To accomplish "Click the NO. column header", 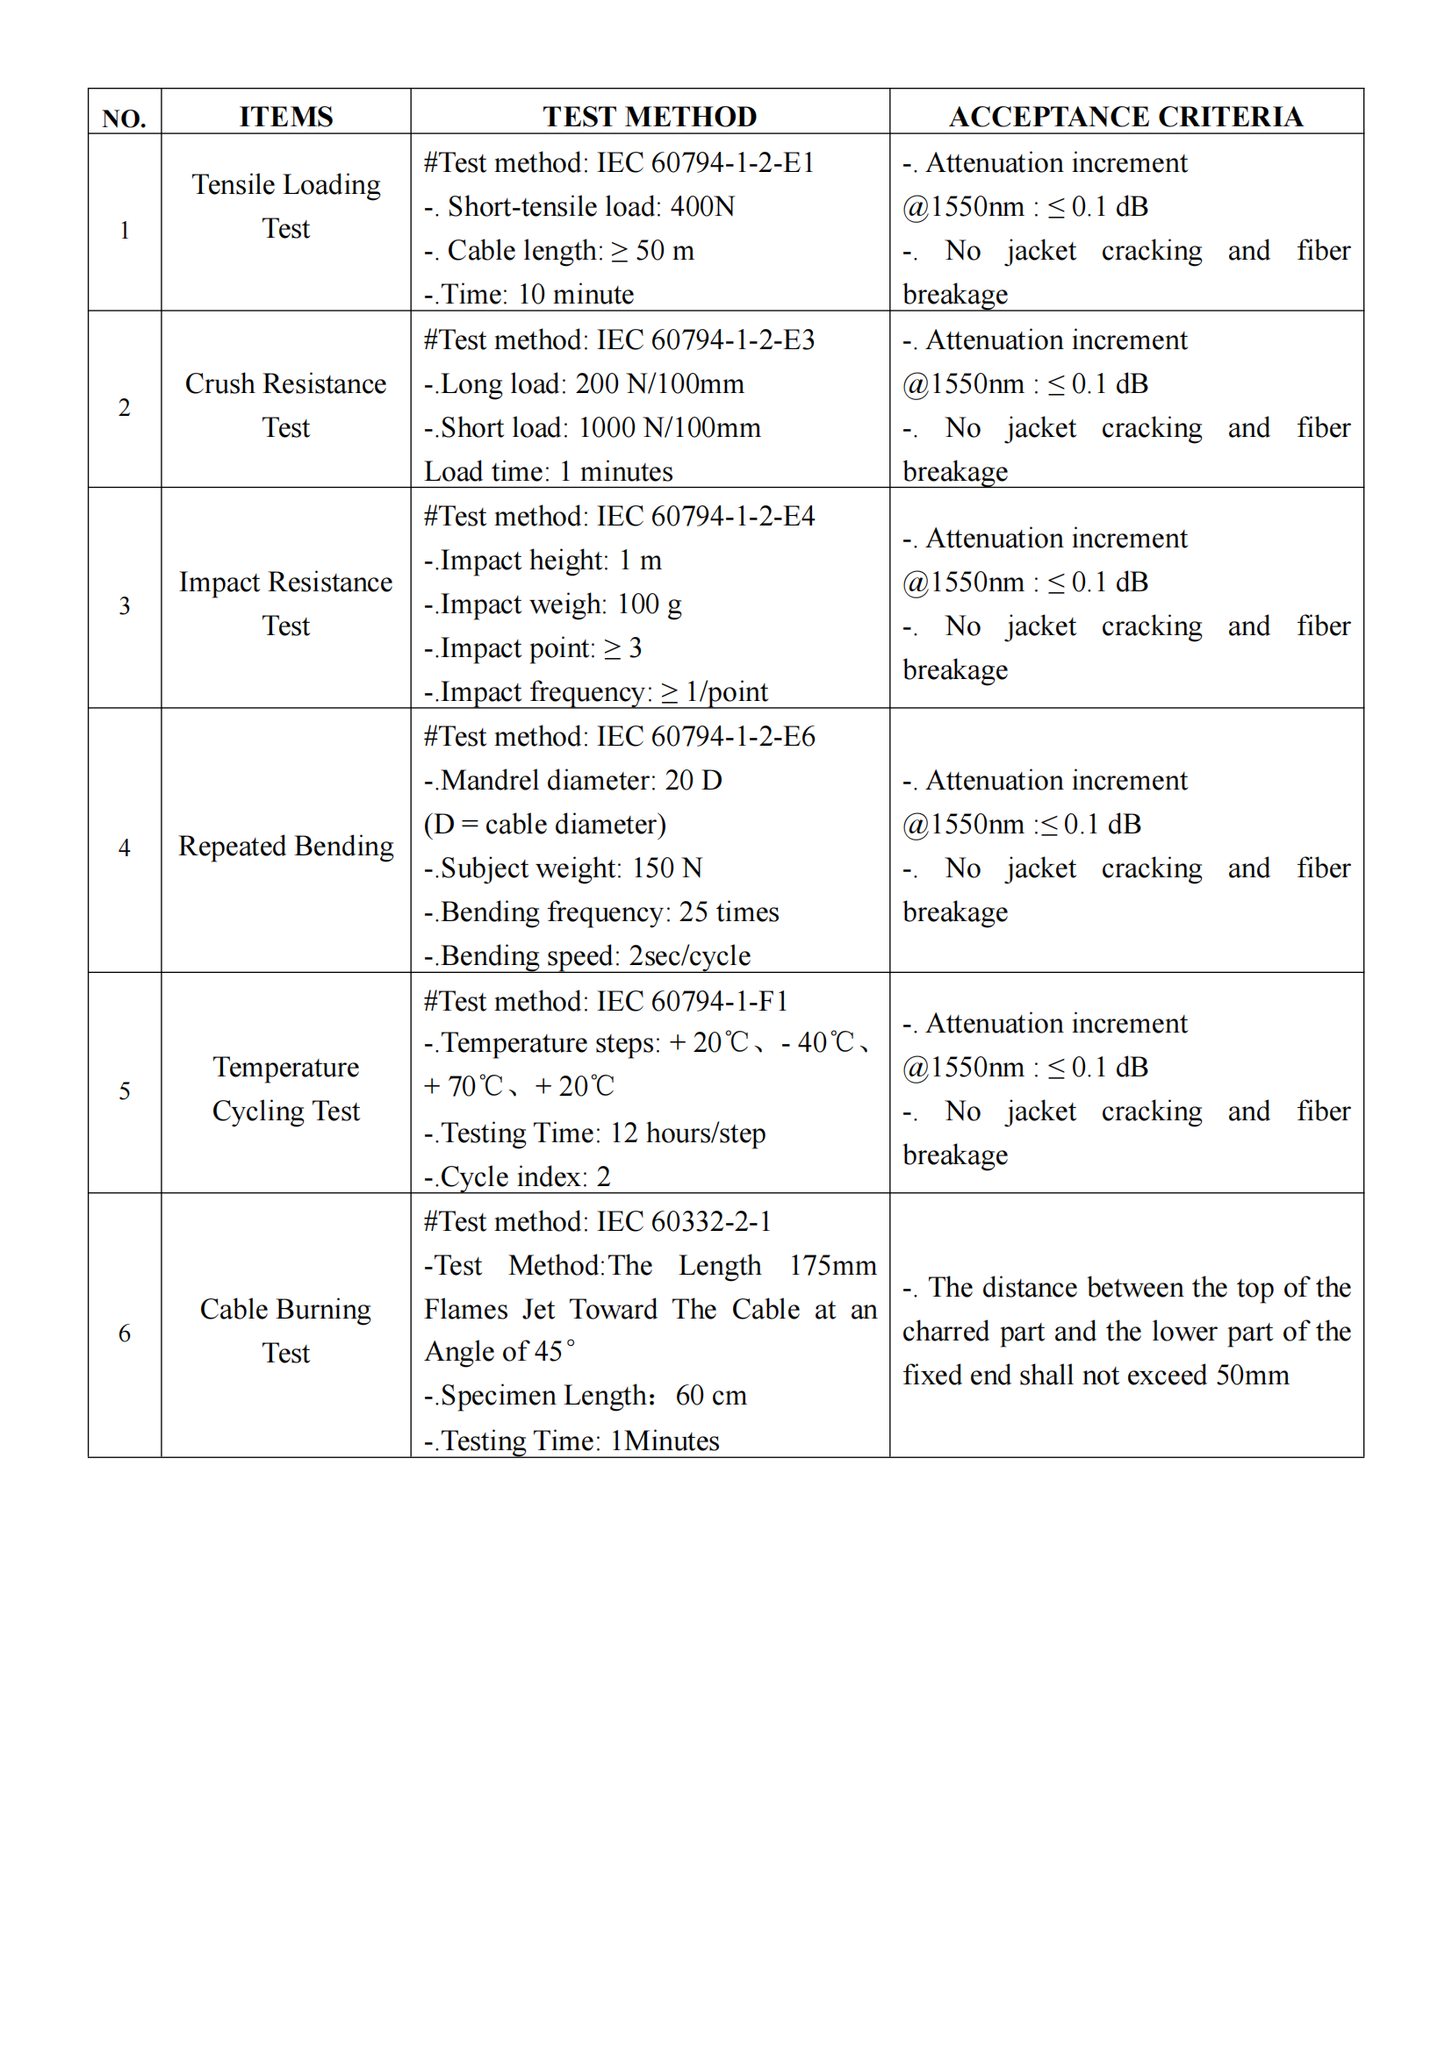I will pyautogui.click(x=125, y=118).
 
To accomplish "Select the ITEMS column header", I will pyautogui.click(x=285, y=116).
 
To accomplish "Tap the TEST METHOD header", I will pyautogui.click(x=649, y=116).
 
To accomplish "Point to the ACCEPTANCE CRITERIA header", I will pyautogui.click(x=1125, y=116).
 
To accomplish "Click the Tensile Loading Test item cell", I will pyautogui.click(x=285, y=206).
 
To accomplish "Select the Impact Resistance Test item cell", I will pyautogui.click(x=285, y=604).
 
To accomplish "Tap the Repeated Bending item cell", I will pyautogui.click(x=285, y=847).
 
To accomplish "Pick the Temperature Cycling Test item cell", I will pyautogui.click(x=285, y=1090).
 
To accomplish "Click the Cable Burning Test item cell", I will pyautogui.click(x=285, y=1331).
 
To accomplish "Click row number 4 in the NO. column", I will pyautogui.click(x=125, y=847).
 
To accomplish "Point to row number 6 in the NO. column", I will pyautogui.click(x=125, y=1333).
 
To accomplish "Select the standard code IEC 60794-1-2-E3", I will pyautogui.click(x=706, y=340).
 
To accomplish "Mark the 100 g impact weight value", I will pyautogui.click(x=649, y=604).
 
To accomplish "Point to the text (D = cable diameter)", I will pyautogui.click(x=544, y=824).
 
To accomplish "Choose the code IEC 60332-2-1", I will pyautogui.click(x=684, y=1221).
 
